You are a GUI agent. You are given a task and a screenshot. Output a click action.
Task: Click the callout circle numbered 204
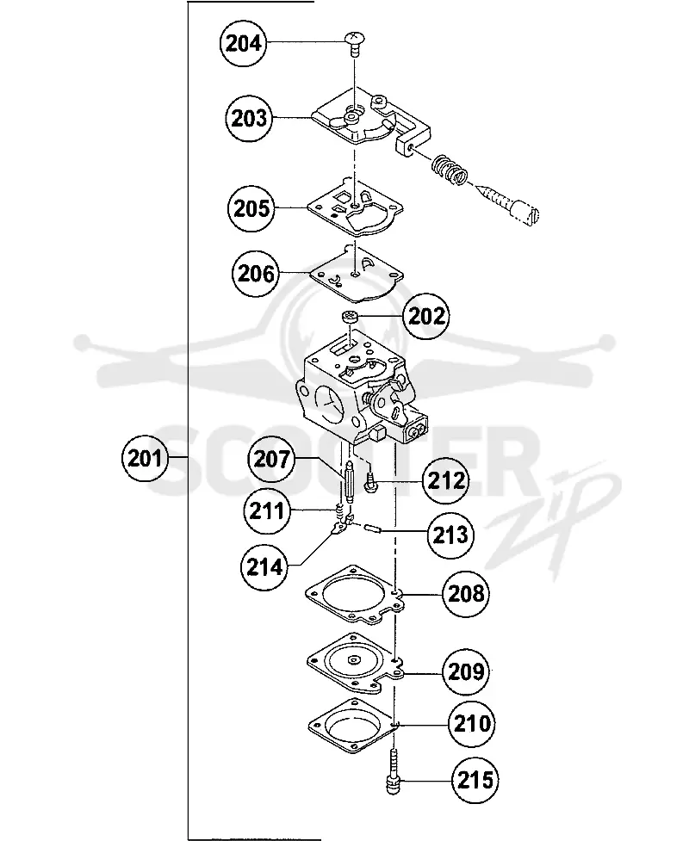point(244,43)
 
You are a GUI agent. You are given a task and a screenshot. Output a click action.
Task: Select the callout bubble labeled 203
point(249,118)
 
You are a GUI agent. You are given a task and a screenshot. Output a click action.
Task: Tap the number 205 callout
point(251,208)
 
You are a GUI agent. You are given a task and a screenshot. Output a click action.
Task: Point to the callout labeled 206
point(256,274)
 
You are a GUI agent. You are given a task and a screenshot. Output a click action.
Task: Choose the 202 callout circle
point(426,316)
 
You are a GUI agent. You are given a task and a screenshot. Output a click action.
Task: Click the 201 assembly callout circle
point(145,459)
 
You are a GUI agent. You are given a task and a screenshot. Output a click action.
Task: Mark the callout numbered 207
point(271,459)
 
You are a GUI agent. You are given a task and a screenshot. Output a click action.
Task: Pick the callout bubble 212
point(446,480)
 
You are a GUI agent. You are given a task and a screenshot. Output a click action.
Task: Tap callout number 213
point(450,535)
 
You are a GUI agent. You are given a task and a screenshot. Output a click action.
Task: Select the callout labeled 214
point(265,566)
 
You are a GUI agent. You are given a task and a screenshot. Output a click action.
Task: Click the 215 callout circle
point(475,780)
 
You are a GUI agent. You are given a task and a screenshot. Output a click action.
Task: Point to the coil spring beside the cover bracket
point(450,170)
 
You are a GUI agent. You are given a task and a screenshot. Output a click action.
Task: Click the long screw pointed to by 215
point(394,772)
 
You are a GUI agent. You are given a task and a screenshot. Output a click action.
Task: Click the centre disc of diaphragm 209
point(354,659)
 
